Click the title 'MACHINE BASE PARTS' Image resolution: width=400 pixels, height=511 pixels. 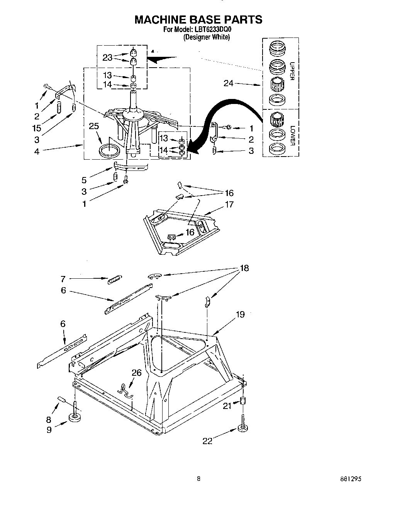pos(198,19)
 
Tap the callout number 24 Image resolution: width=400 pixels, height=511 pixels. pos(229,83)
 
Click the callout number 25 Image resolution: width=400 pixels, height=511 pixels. pos(93,126)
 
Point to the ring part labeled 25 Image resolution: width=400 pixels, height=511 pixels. pos(109,150)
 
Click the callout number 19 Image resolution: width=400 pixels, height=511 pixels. pos(240,314)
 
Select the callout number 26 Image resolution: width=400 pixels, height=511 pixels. pos(136,373)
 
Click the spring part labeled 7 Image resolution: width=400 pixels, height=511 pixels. pos(115,279)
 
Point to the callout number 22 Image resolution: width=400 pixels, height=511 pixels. pos(207,441)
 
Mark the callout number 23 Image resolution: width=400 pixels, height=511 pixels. pos(107,58)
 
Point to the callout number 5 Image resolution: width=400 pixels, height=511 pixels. pos(84,180)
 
